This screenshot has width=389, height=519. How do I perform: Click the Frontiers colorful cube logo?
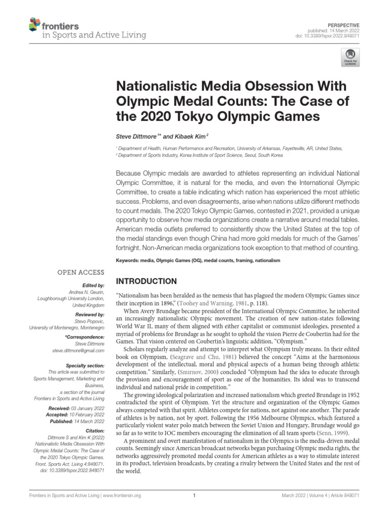35,23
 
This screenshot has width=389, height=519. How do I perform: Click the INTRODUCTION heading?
147,281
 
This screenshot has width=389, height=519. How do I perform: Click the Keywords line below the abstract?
198,260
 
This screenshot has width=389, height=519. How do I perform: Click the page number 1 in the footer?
194,496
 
